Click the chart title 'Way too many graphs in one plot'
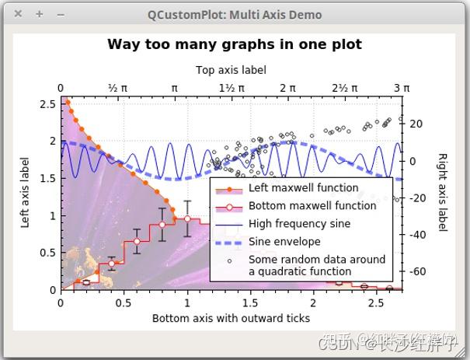234,44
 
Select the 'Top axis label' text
231,70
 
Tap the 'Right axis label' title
442,191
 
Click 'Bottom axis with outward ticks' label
231,318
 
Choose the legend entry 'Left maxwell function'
303,188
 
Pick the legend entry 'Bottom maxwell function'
312,206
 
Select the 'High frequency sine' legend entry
299,224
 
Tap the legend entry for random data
316,265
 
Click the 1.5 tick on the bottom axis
249,302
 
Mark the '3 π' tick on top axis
401,88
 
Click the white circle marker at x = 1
186,218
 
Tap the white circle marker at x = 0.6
137,242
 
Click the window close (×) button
18,14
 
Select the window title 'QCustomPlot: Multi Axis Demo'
235,14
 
